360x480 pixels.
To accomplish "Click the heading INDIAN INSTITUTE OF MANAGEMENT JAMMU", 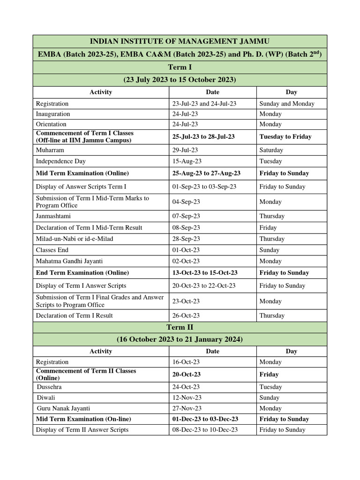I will pos(180,42).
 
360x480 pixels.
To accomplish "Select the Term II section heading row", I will pos(180,327).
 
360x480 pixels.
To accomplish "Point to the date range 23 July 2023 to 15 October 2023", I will pos(180,80).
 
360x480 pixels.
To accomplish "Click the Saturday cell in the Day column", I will pos(271,150).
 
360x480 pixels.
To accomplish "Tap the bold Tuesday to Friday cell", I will pos(285,136).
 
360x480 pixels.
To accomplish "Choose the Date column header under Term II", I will pos(212,351).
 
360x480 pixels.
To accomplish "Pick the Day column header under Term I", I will pos(291,92).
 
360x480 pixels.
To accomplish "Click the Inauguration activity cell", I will pos(53,114).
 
